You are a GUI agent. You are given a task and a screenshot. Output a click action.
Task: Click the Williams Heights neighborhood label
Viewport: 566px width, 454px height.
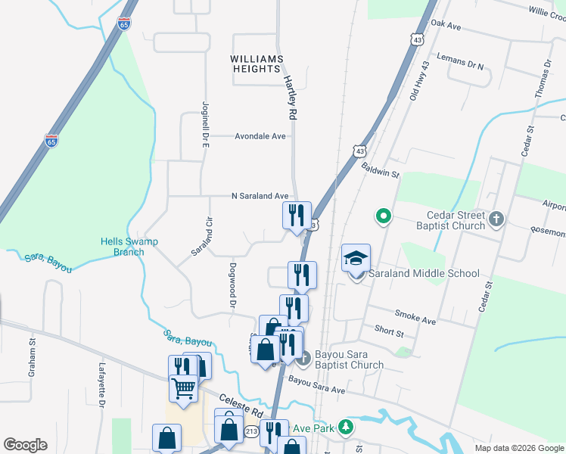257,64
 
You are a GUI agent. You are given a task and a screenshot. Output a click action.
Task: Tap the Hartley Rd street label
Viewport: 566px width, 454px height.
288,96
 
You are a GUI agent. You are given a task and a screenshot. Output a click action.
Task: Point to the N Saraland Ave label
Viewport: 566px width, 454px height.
260,196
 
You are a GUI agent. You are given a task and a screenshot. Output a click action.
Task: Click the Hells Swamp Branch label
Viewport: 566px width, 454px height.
123,247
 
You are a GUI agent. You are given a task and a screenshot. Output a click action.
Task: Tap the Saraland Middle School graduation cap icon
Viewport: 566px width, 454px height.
356,259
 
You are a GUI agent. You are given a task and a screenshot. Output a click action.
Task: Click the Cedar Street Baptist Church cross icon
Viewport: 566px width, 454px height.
496,219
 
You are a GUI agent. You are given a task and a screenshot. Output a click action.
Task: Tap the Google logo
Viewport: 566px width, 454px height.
25,445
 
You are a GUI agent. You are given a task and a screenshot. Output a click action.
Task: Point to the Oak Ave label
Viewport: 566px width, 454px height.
446,25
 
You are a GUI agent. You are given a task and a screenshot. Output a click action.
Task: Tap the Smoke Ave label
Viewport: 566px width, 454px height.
415,316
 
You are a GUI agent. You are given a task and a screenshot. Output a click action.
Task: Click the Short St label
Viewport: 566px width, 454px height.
390,331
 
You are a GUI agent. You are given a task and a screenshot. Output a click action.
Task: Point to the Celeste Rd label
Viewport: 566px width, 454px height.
241,406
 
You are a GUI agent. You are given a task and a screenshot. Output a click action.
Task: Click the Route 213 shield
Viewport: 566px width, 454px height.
252,432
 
